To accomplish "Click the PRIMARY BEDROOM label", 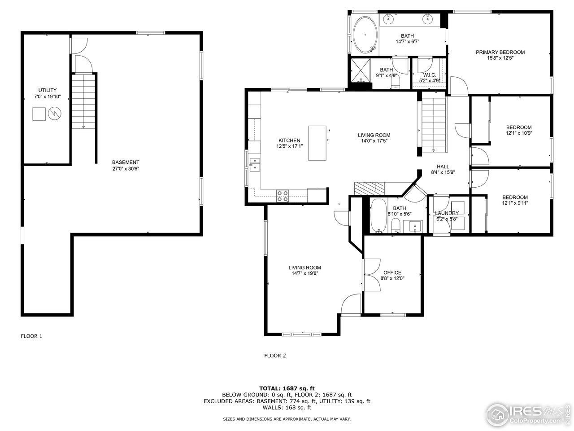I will pyautogui.click(x=500, y=52).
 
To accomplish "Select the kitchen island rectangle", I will pyautogui.click(x=317, y=143).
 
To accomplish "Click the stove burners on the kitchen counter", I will pyautogui.click(x=283, y=196).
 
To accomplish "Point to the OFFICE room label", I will pyautogui.click(x=392, y=273).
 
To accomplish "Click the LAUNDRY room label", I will pyautogui.click(x=447, y=213).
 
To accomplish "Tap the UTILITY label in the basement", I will pyautogui.click(x=47, y=90).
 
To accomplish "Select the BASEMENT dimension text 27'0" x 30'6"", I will pyautogui.click(x=126, y=169).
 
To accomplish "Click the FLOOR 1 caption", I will pyautogui.click(x=31, y=336).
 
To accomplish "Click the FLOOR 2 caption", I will pyautogui.click(x=275, y=356).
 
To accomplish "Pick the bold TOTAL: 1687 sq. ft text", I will pyautogui.click(x=287, y=388).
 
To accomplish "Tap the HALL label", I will pyautogui.click(x=443, y=167).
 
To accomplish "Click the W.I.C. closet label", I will pyautogui.click(x=429, y=75).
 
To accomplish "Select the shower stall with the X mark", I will pyautogui.click(x=360, y=70).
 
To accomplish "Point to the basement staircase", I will pyautogui.click(x=83, y=101).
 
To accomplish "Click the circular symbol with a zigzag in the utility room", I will pyautogui.click(x=54, y=114).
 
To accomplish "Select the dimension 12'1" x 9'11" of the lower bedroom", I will pyautogui.click(x=515, y=203).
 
